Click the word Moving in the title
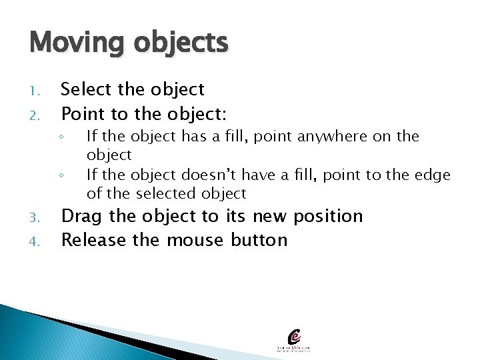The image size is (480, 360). tap(75, 43)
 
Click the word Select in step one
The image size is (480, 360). tap(85, 89)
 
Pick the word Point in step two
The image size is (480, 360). tap(81, 113)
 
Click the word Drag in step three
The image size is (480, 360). tap(81, 217)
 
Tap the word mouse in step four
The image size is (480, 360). tap(195, 240)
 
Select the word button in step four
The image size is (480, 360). tap(259, 240)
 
